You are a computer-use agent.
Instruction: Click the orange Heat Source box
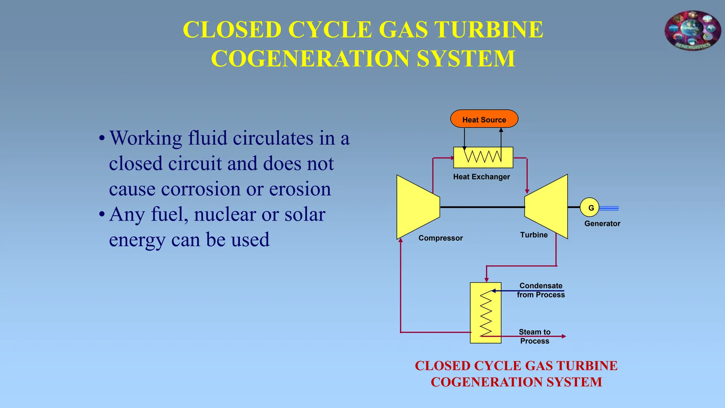point(484,119)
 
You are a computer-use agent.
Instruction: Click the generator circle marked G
point(589,208)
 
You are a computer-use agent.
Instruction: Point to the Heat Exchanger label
point(481,177)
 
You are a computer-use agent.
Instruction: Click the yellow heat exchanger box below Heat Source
point(483,158)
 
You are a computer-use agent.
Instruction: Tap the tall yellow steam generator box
point(485,313)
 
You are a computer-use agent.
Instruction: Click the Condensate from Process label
point(541,290)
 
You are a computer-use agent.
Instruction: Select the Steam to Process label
point(535,336)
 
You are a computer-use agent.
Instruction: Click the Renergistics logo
point(692,31)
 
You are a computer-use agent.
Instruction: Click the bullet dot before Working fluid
point(102,138)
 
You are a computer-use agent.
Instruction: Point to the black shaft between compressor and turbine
point(482,207)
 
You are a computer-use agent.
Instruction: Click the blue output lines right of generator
point(609,208)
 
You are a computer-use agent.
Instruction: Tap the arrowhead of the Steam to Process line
point(564,336)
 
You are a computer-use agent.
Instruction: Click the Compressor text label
point(440,238)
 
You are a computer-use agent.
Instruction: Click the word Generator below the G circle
point(602,223)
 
